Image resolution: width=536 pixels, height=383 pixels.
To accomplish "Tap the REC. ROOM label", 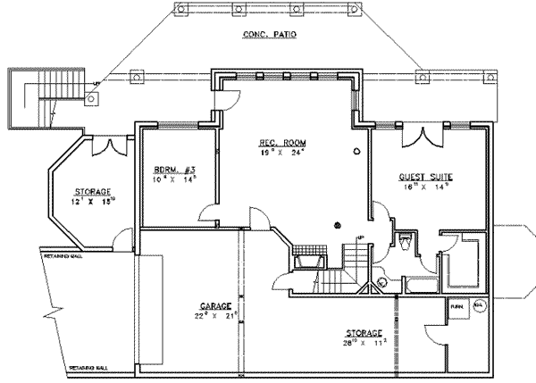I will click(279, 143).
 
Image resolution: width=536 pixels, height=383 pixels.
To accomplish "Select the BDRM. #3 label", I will click(168, 171).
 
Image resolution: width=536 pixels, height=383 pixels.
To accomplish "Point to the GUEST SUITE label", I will click(422, 178).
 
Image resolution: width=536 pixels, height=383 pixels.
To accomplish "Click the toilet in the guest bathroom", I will click(405, 241).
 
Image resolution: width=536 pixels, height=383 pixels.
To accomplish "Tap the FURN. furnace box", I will click(457, 306).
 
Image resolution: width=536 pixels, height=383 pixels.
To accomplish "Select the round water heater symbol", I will click(478, 306).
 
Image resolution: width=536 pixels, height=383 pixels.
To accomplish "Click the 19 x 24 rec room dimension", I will click(279, 153).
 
